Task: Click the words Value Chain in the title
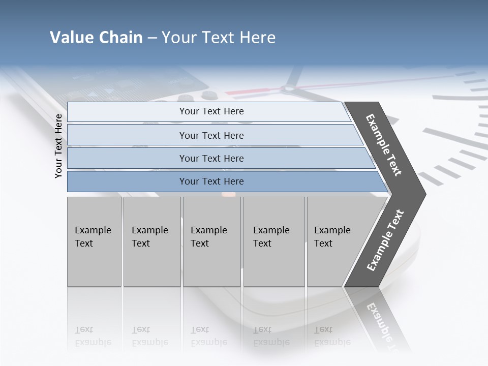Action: tap(96, 38)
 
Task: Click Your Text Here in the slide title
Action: tap(219, 38)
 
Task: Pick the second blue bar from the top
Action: tap(211, 135)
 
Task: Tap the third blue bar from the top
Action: tap(211, 158)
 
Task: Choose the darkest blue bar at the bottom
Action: tap(211, 181)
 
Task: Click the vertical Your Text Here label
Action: tap(58, 146)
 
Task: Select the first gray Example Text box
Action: tap(94, 241)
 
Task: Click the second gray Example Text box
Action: tap(151, 241)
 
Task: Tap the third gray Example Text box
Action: tap(211, 241)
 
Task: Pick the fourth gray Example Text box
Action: tap(273, 241)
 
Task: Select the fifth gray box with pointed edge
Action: tap(335, 241)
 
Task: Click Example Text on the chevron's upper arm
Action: tap(384, 145)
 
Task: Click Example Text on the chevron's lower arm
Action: tap(385, 240)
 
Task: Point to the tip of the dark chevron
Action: tap(424, 194)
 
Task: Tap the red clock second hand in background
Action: tap(254, 92)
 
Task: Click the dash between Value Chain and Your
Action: tap(152, 38)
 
